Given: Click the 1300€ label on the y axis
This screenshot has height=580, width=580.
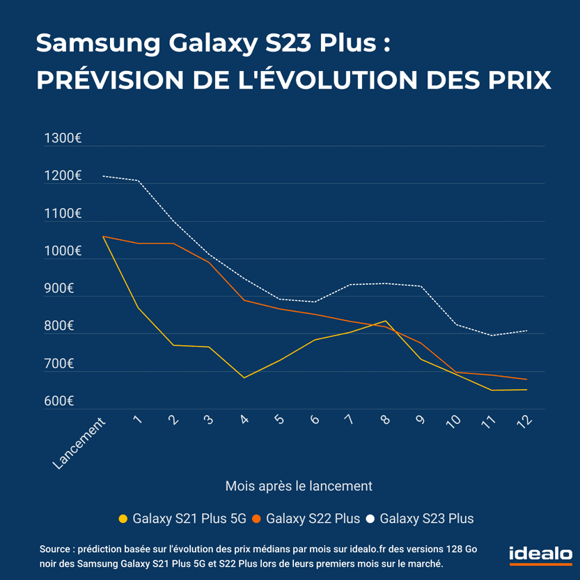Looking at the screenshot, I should pos(63,139).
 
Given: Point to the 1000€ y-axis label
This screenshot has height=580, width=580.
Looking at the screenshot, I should pos(63,251).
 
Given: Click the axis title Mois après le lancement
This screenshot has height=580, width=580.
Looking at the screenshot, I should pos(299,486).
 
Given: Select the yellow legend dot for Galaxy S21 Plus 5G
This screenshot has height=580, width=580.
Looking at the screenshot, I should pos(123,519).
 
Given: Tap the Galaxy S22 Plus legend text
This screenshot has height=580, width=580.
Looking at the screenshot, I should pos(313,519).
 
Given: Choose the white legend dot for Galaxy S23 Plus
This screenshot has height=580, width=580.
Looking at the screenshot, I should pos(370,519).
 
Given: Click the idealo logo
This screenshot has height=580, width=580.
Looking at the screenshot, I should pos(540,555).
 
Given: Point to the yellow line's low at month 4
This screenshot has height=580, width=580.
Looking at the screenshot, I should pos(244,377).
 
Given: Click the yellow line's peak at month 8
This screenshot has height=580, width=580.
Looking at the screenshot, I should pos(386,321).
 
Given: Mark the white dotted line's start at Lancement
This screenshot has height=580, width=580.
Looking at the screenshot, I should pos(103,176).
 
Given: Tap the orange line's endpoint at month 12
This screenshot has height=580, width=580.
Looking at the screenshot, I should pos(527,379).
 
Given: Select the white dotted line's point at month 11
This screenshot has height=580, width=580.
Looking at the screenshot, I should pos(492,336).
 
